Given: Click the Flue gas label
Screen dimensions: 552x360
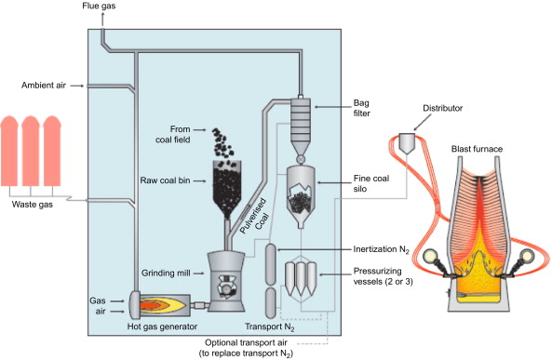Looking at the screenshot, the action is tap(99, 6).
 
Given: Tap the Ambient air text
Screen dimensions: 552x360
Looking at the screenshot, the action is tap(44, 86).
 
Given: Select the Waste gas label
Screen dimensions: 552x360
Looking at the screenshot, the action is tap(33, 205).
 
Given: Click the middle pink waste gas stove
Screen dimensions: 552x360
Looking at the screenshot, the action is tap(31, 151).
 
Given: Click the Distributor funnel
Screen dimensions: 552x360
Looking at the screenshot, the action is tap(408, 143).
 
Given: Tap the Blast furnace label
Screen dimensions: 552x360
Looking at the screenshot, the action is tap(477, 149).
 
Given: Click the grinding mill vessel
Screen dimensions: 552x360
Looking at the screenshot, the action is tap(226, 282).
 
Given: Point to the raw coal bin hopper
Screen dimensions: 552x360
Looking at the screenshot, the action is tap(227, 189).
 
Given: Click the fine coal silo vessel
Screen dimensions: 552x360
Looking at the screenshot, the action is tap(301, 196).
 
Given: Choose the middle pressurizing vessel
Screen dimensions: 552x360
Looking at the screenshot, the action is tap(301, 279).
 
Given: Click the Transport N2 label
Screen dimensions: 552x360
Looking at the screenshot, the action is tap(270, 327).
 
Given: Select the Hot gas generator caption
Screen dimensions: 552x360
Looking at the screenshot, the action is tap(162, 327).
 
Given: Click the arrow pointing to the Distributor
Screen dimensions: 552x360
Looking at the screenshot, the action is tap(422, 123).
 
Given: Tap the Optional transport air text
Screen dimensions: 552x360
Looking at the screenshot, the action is tap(246, 342).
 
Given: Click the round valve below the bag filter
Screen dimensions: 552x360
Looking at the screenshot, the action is tap(301, 159).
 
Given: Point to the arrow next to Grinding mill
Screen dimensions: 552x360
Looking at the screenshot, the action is tap(199, 273).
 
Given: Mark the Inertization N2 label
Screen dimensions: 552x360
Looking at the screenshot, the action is tap(382, 249).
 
